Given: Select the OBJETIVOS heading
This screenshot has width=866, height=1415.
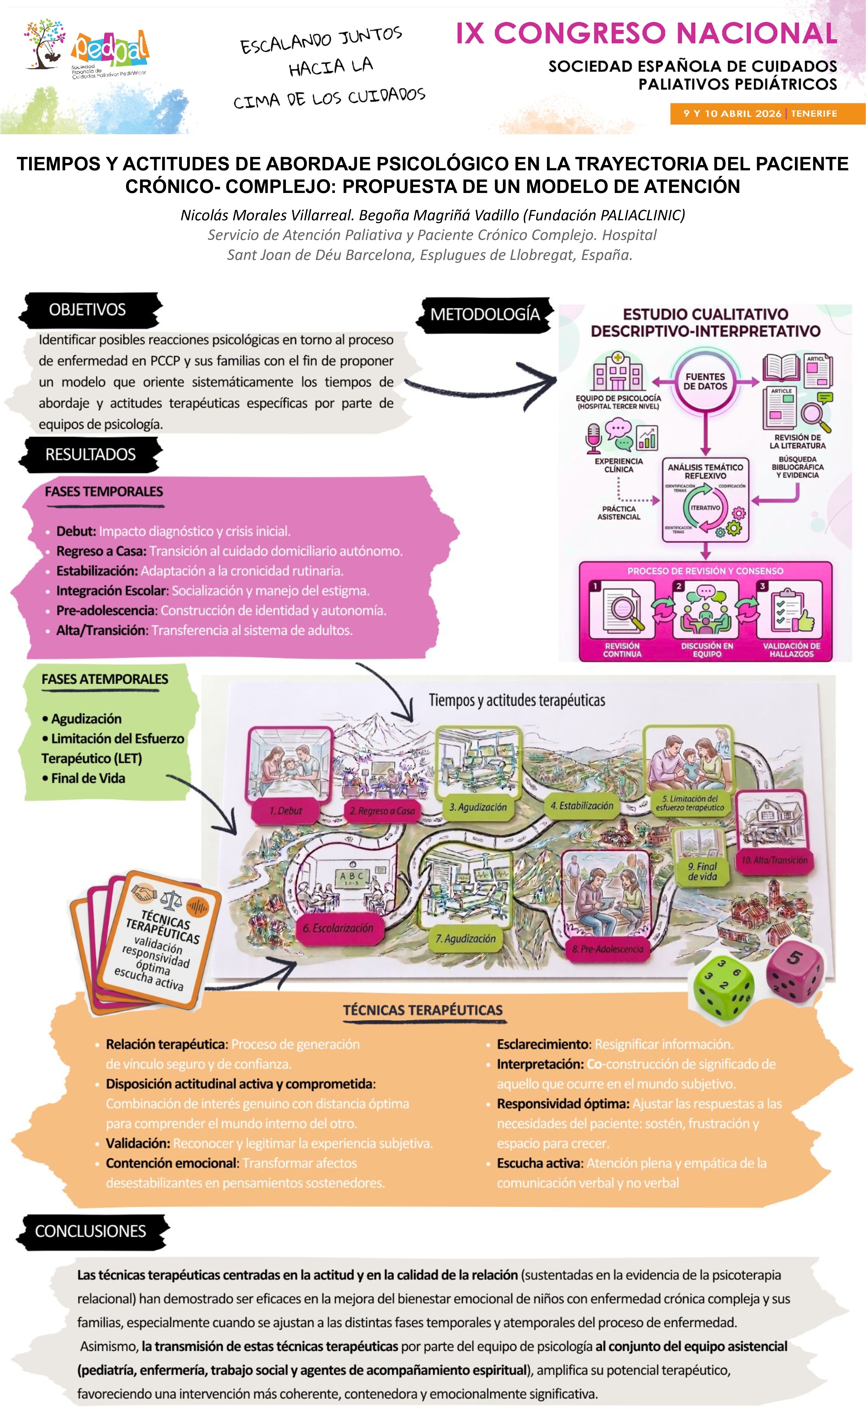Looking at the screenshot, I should click(x=87, y=310).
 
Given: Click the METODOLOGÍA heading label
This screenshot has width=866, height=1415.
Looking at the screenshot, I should click(x=485, y=315).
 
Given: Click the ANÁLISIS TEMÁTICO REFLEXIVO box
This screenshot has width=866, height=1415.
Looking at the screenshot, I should click(x=705, y=471).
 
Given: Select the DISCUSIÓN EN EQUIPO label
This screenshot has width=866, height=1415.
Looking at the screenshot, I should click(x=707, y=650).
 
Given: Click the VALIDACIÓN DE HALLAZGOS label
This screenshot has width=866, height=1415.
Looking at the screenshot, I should click(x=791, y=650).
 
